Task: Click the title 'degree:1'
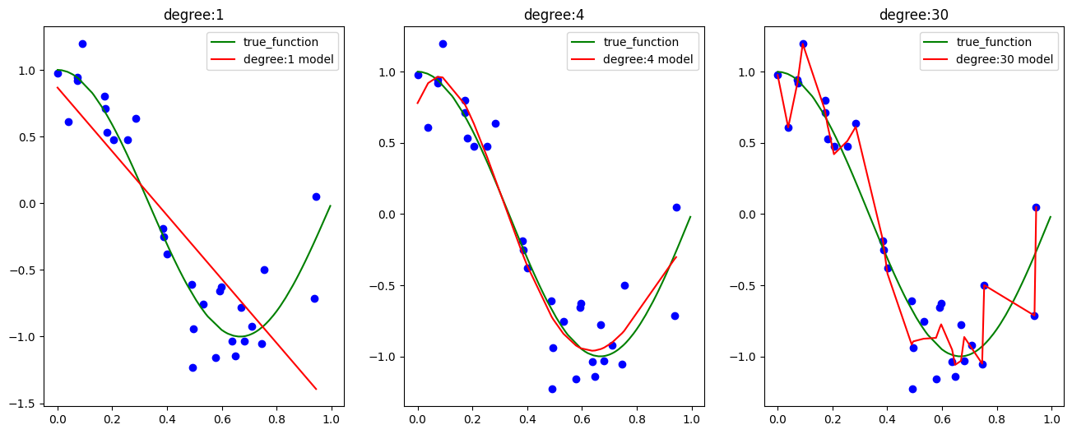coord(193,15)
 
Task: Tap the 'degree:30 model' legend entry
coord(1007,60)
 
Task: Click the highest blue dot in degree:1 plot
coord(82,44)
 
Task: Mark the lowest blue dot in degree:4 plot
coord(552,389)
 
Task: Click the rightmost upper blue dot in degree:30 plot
coord(1036,207)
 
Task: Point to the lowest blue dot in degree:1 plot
coord(193,367)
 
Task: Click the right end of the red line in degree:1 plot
coord(316,389)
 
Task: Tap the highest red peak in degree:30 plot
coord(803,44)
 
